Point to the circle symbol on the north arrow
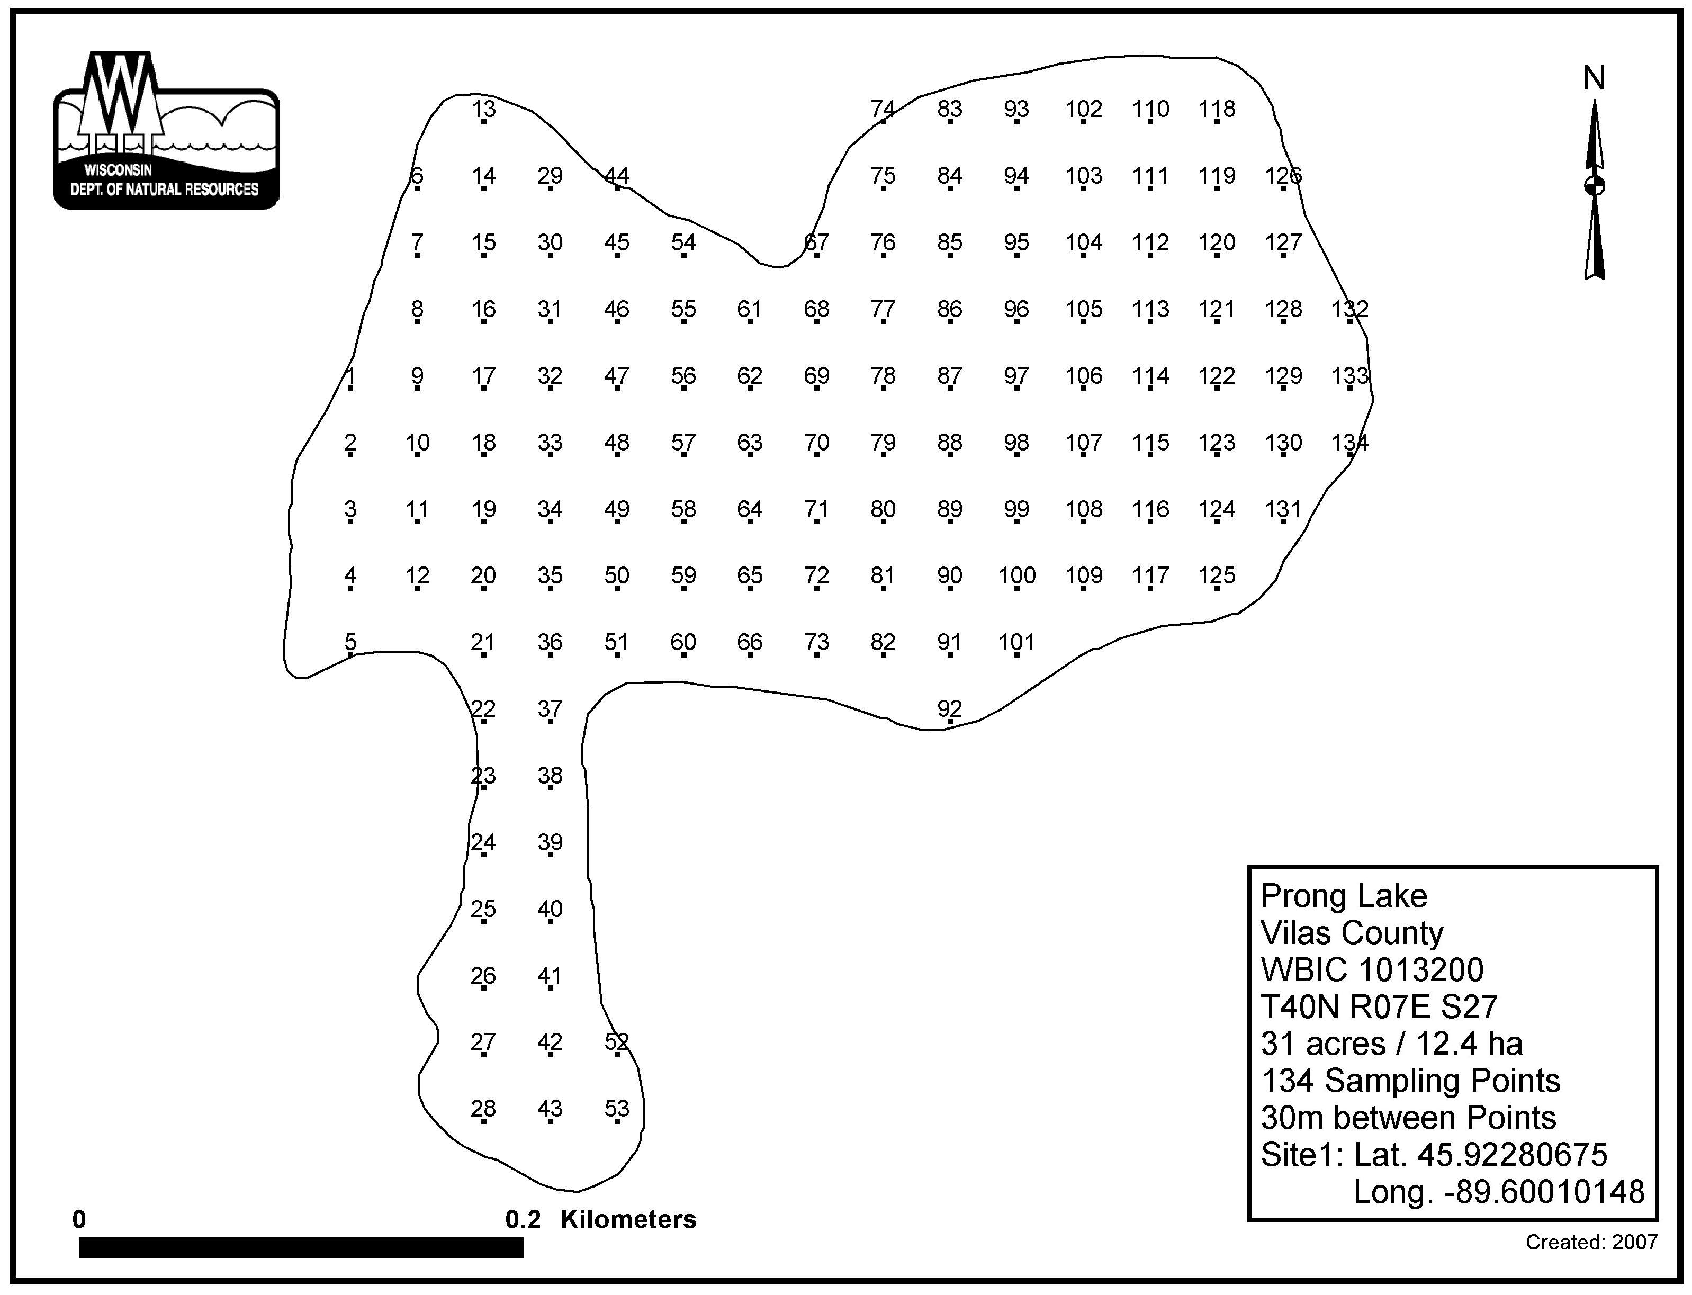1594,186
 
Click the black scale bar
301,1247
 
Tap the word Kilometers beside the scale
628,1219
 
